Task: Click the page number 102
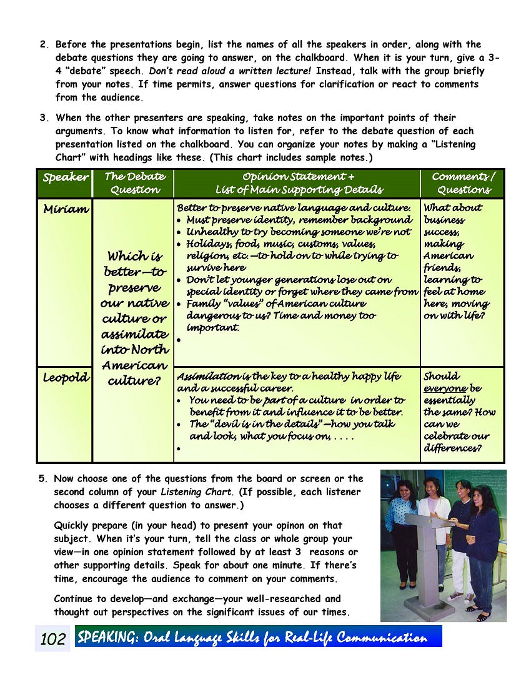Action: click(x=52, y=639)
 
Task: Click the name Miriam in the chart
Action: click(x=66, y=209)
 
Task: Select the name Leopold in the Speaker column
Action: click(x=66, y=377)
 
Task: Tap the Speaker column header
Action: click(x=66, y=177)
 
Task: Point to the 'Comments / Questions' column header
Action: click(x=463, y=183)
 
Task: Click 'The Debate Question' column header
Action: click(x=134, y=183)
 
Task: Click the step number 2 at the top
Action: click(x=43, y=44)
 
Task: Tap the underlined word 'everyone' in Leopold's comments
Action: click(x=445, y=388)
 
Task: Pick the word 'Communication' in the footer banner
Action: click(x=382, y=638)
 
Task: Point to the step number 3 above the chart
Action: click(x=43, y=117)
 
